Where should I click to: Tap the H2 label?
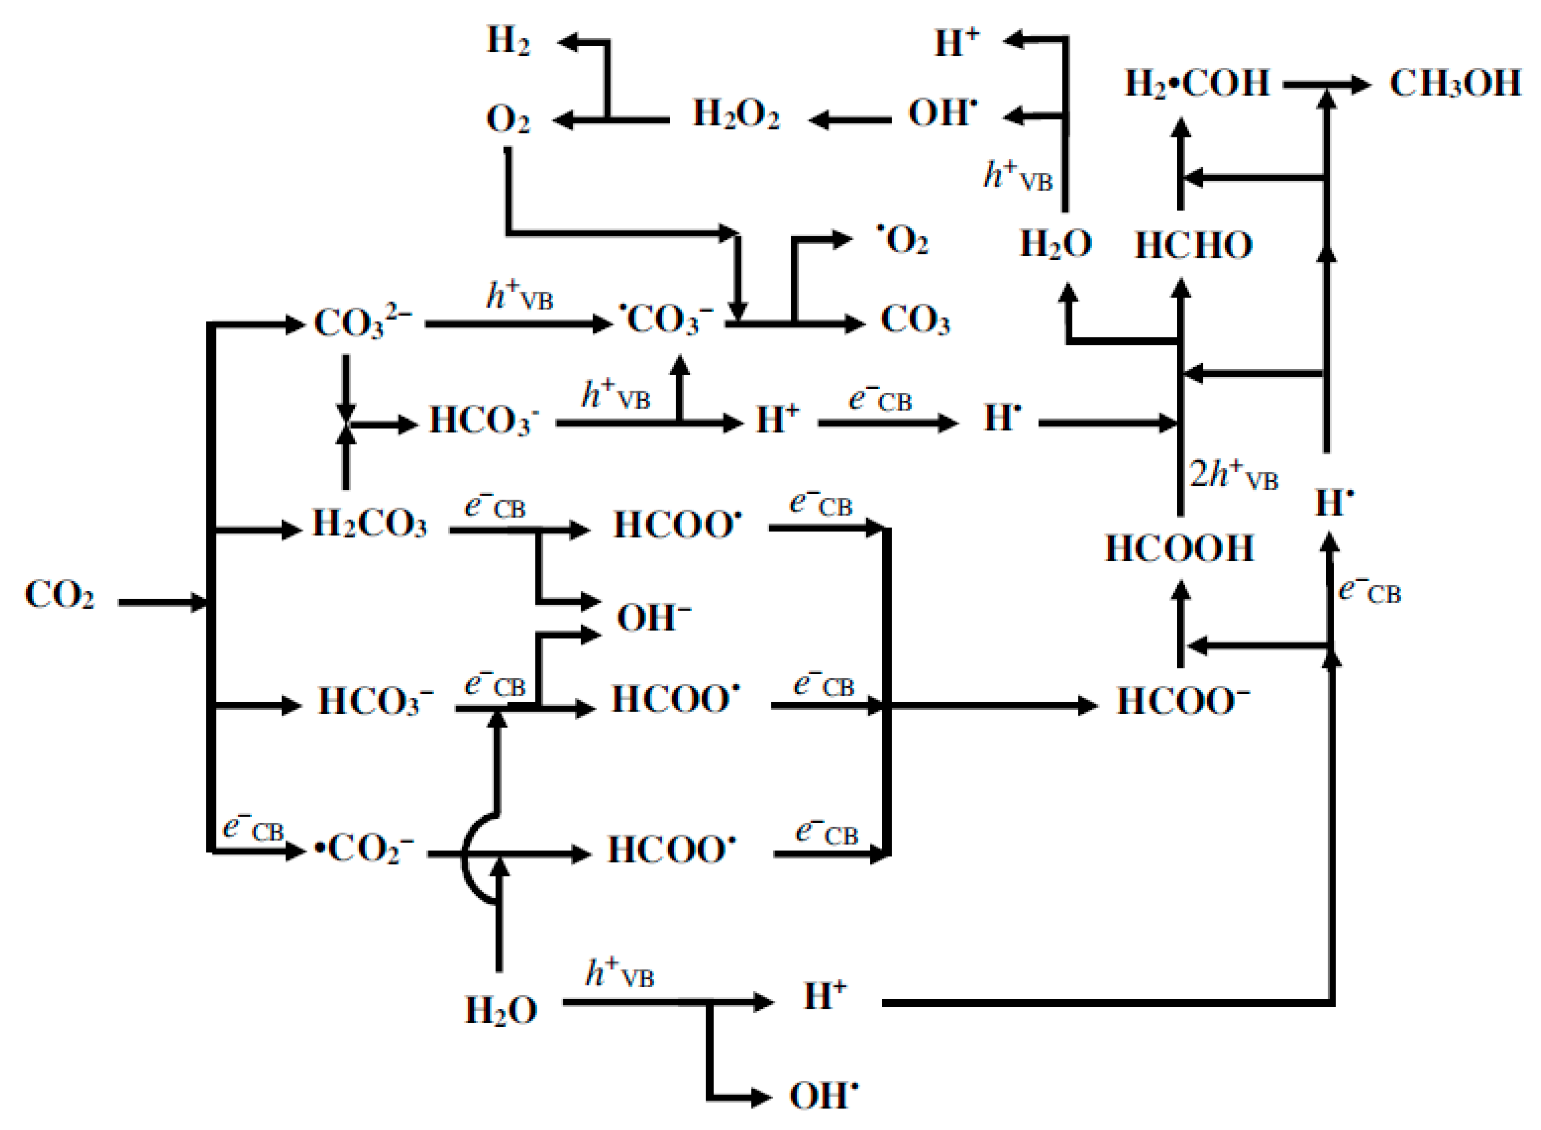pos(508,41)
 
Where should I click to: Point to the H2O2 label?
pos(735,114)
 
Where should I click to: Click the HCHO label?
pos(1193,245)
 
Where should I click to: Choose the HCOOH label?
pos(1179,548)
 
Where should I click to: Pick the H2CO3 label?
pos(370,524)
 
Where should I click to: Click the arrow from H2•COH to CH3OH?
pos(1326,85)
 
